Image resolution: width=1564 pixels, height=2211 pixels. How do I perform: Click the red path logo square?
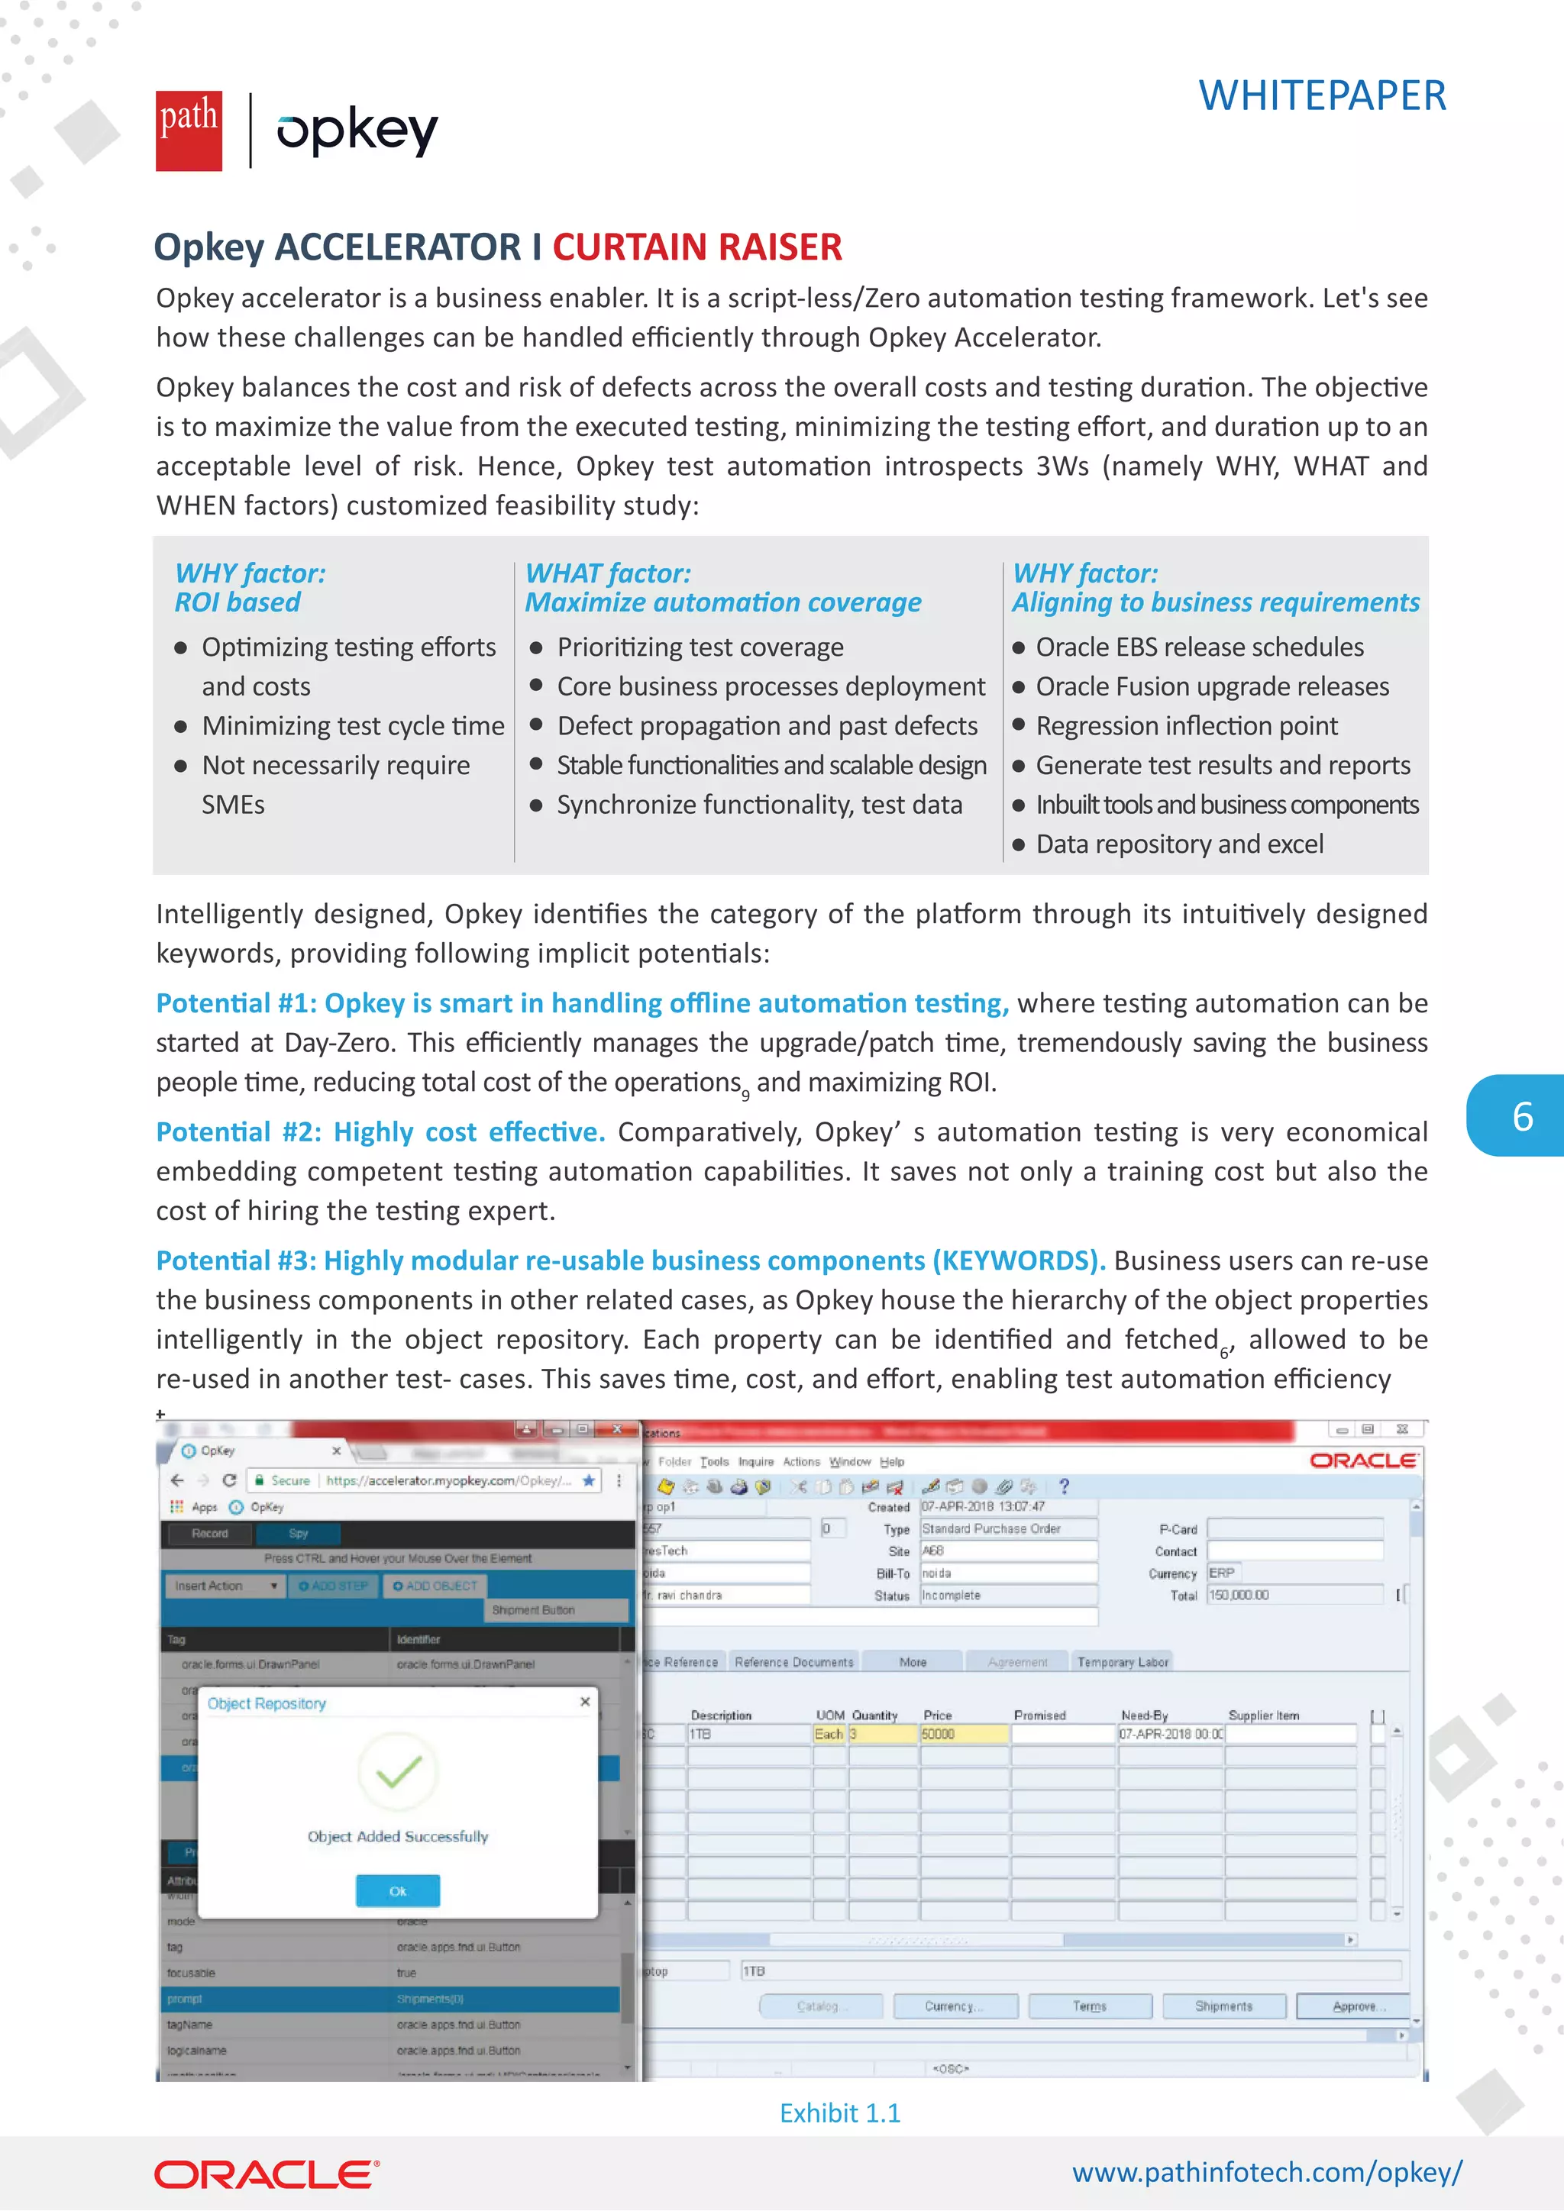click(189, 131)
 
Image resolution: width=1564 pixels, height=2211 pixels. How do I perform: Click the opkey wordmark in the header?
click(357, 131)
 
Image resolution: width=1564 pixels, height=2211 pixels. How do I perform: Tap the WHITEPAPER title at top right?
click(1321, 95)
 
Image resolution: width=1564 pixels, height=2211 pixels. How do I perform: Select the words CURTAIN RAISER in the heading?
click(696, 247)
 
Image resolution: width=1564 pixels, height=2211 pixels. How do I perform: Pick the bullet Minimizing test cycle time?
click(353, 726)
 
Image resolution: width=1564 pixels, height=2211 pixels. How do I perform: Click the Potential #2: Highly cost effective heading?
click(380, 1132)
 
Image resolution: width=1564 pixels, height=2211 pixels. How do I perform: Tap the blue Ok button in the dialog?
click(398, 1891)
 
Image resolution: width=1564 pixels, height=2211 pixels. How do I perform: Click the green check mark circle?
click(398, 1771)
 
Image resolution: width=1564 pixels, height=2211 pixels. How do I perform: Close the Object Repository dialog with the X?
click(584, 1703)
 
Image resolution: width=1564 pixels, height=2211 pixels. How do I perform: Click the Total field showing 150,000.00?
click(1294, 1596)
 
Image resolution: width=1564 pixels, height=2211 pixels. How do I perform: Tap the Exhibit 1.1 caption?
click(840, 2113)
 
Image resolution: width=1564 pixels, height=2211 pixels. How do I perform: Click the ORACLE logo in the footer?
click(267, 2175)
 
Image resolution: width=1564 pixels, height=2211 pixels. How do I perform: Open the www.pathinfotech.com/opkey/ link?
click(1266, 2173)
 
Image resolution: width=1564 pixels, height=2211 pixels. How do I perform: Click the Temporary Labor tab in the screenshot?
click(1122, 1662)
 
